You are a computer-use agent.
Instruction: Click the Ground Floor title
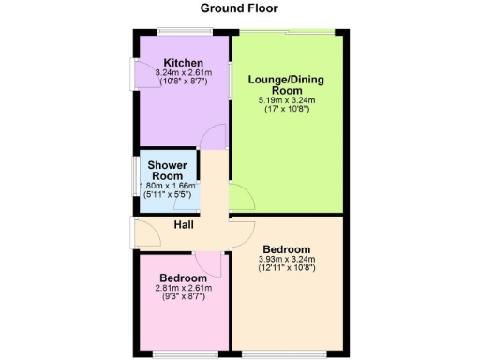(x=239, y=8)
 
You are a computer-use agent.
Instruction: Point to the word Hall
(x=183, y=225)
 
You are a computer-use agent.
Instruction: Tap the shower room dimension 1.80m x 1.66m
(x=170, y=186)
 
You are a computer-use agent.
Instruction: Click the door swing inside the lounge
(x=239, y=198)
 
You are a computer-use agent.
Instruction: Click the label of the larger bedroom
(x=287, y=248)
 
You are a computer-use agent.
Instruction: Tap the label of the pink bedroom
(x=183, y=278)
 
